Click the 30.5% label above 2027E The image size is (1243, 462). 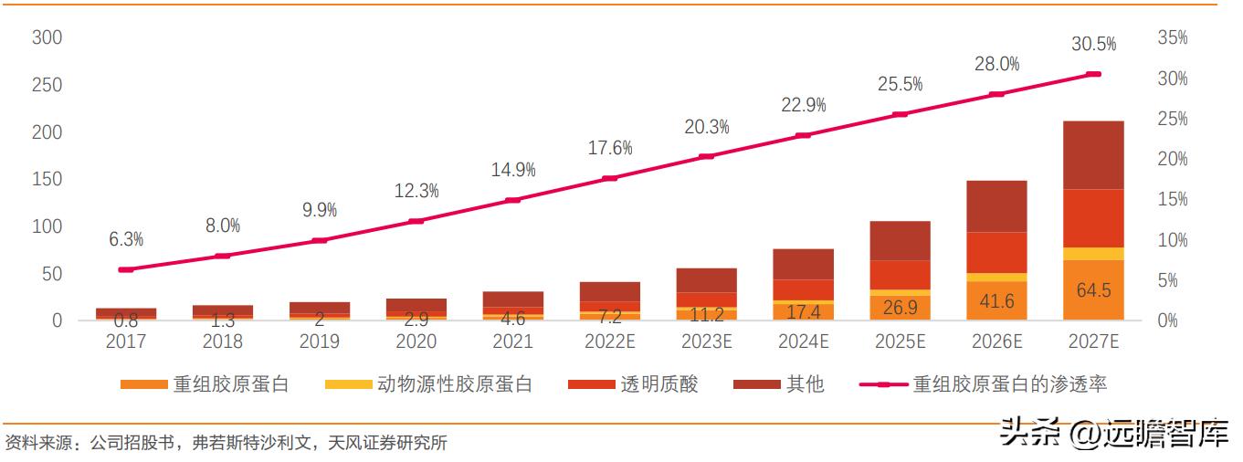click(x=1094, y=43)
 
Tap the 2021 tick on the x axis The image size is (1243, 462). click(x=513, y=341)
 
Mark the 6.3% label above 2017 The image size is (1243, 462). click(x=126, y=239)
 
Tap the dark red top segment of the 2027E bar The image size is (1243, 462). click(x=1093, y=154)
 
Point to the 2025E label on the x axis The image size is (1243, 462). click(x=900, y=341)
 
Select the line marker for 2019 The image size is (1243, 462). click(x=320, y=240)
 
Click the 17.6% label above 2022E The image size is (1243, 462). click(x=610, y=148)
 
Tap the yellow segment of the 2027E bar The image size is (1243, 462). click(x=1093, y=254)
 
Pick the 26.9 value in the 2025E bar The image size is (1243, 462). click(x=900, y=307)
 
